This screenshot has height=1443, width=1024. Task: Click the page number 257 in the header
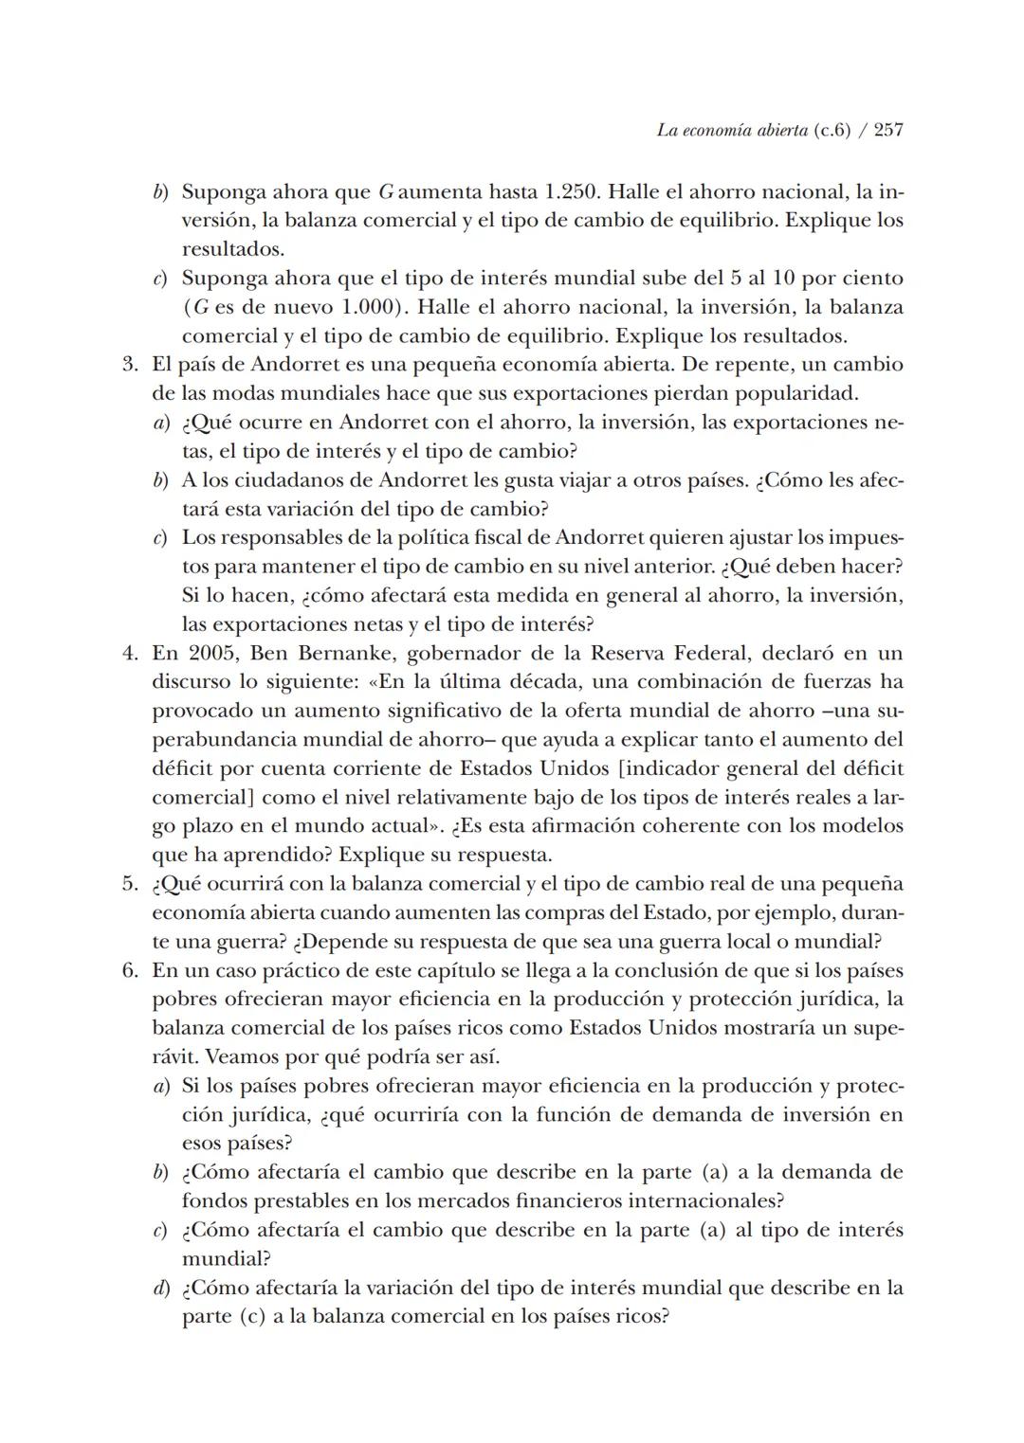887,130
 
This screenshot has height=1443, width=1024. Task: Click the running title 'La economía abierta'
732,130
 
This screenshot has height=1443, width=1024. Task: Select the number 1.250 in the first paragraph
572,191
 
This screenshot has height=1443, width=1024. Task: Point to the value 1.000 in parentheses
360,307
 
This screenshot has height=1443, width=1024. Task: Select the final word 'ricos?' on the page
642,1317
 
